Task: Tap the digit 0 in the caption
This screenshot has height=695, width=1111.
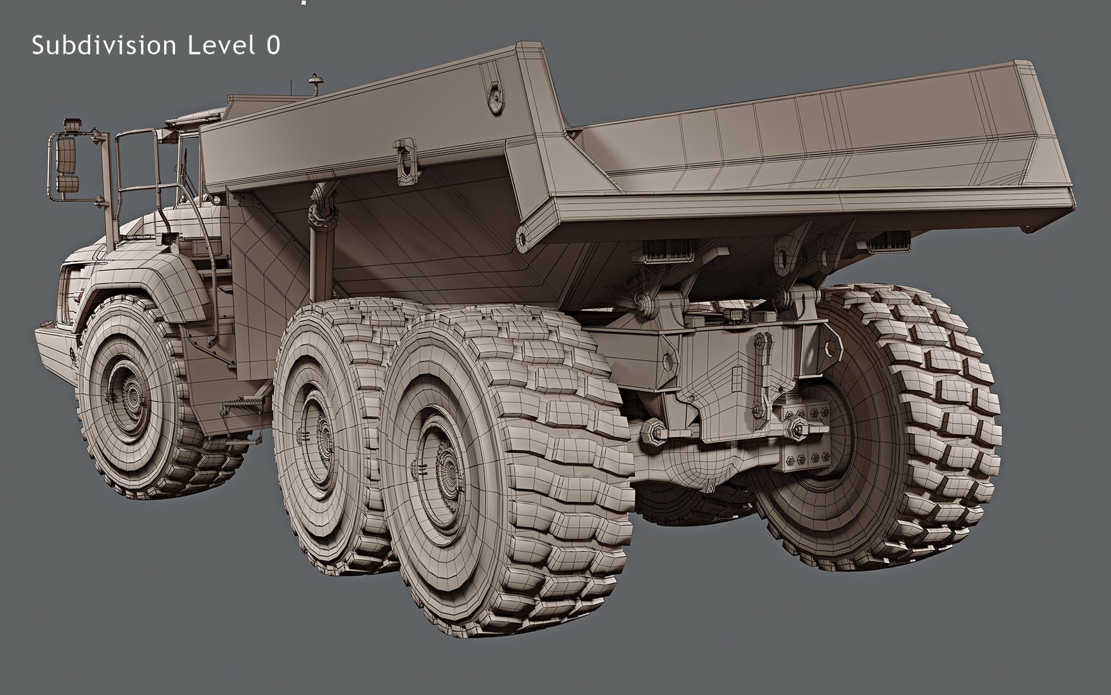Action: (273, 46)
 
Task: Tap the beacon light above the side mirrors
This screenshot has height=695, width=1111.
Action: (73, 124)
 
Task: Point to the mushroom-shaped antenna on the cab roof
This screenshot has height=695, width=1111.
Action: (315, 82)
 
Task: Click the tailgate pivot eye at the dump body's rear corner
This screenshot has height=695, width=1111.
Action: (523, 239)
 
